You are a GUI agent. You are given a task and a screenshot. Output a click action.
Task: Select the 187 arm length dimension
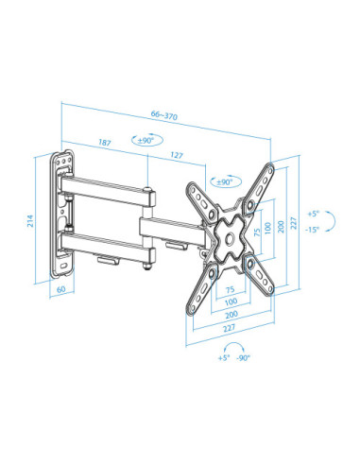click(104, 143)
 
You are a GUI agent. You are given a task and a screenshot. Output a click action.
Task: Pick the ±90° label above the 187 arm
click(147, 142)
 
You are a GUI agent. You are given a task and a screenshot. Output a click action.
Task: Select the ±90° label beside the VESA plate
click(224, 181)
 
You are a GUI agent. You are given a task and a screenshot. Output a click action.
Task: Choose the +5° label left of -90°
click(223, 359)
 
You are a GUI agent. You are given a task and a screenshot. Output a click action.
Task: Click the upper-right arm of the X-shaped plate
click(256, 192)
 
